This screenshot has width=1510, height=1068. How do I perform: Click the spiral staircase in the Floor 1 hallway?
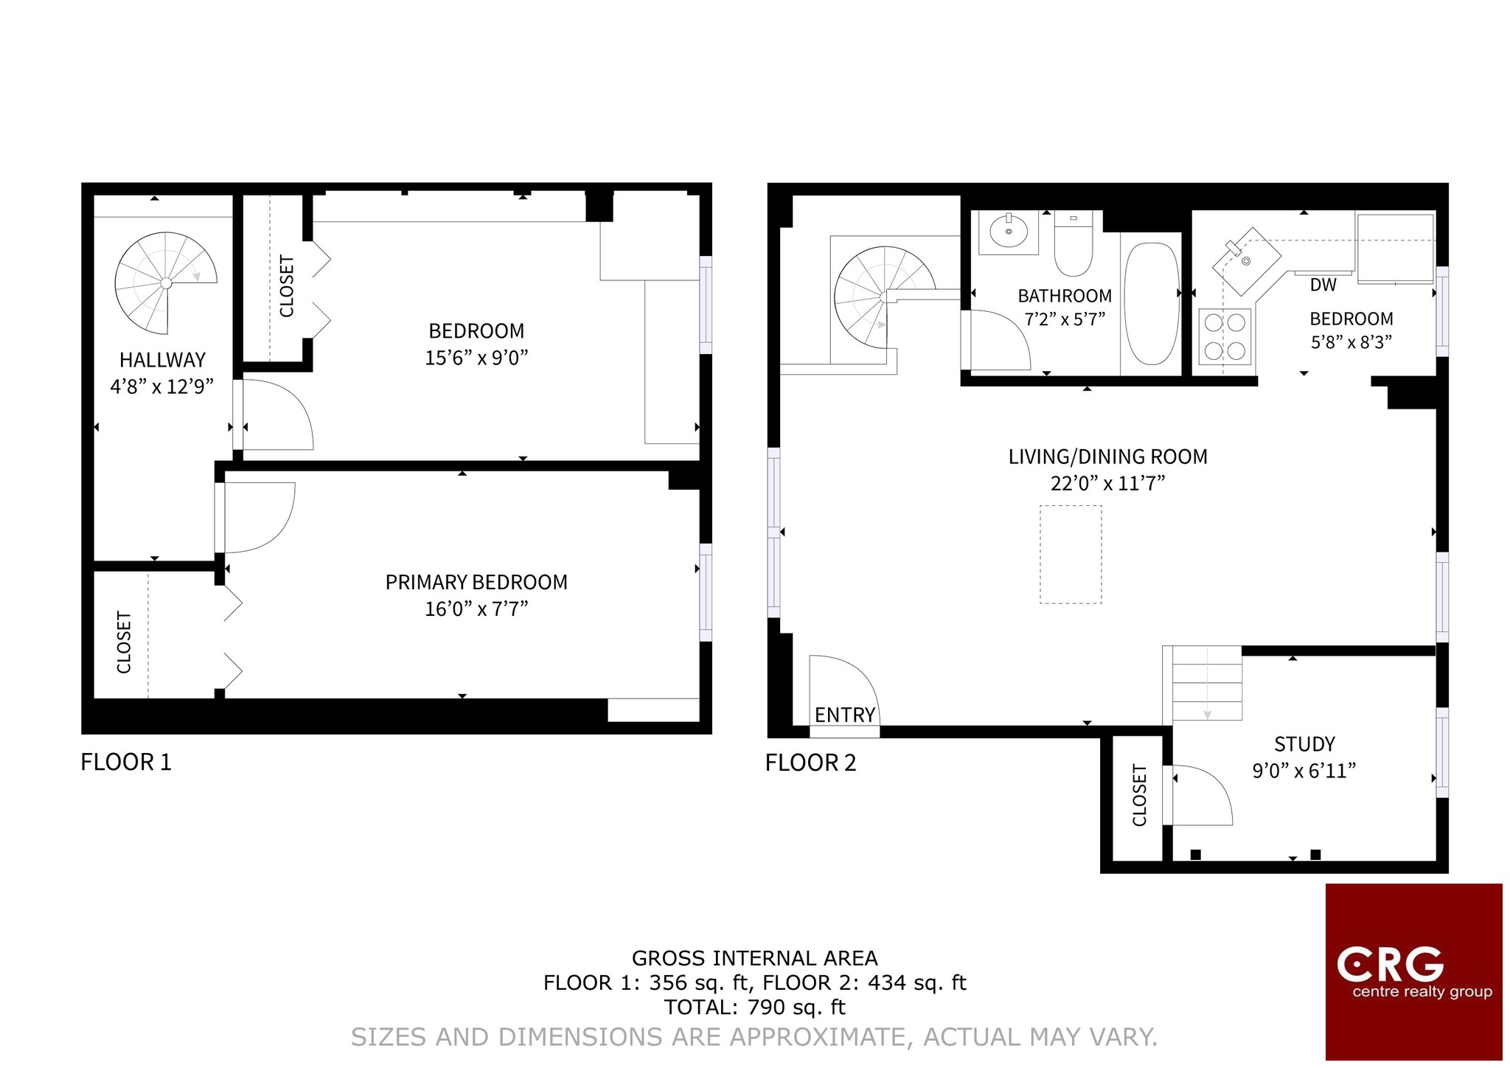coord(166,283)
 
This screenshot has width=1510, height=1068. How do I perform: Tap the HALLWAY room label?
coord(162,360)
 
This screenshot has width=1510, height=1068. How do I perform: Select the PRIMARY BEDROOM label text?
coord(476,582)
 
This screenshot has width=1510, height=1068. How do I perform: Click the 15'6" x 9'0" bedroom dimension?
coord(476,358)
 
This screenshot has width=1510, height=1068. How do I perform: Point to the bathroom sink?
coord(1009,232)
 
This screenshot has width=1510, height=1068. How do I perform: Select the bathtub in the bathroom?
coord(1152,304)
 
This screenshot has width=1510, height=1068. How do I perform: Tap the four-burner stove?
coord(1225,336)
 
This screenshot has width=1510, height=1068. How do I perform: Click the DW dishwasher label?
coord(1323,285)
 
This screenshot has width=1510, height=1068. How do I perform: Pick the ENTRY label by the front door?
coord(845,715)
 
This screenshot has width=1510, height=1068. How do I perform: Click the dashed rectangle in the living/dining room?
coord(1071,555)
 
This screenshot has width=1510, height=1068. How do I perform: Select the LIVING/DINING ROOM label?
coord(1107,457)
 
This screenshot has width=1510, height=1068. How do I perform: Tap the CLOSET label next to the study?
coord(1139,795)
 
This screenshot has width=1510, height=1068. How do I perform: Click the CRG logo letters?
coord(1390,964)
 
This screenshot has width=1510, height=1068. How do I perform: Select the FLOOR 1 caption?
coord(126,762)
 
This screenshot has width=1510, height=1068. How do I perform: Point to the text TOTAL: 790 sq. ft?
coord(754,1007)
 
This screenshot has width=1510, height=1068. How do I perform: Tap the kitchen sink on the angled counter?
coord(1246,260)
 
